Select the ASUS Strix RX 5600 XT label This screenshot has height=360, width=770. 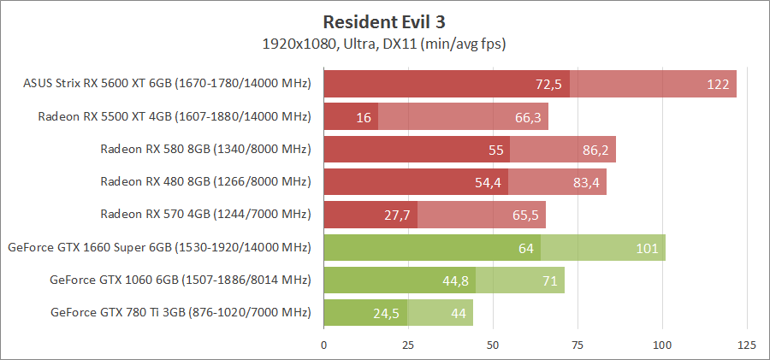(167, 84)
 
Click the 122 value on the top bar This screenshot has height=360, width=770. (718, 84)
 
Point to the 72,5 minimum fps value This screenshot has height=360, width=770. (548, 84)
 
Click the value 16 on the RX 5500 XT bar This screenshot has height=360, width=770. (363, 117)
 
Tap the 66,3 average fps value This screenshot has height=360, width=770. (527, 117)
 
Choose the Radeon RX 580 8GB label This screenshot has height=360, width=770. (204, 149)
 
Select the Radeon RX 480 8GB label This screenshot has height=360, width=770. (204, 181)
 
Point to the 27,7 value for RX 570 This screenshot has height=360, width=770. (397, 215)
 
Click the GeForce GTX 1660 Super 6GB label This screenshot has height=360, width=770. (158, 247)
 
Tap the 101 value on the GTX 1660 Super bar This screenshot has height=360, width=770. (647, 248)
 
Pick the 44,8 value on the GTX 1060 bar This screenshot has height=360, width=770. (455, 280)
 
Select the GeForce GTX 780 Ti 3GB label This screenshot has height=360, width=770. (180, 311)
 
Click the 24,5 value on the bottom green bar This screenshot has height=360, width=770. (387, 313)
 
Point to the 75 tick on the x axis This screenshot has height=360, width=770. (577, 345)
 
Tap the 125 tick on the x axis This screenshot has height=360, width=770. (747, 345)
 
